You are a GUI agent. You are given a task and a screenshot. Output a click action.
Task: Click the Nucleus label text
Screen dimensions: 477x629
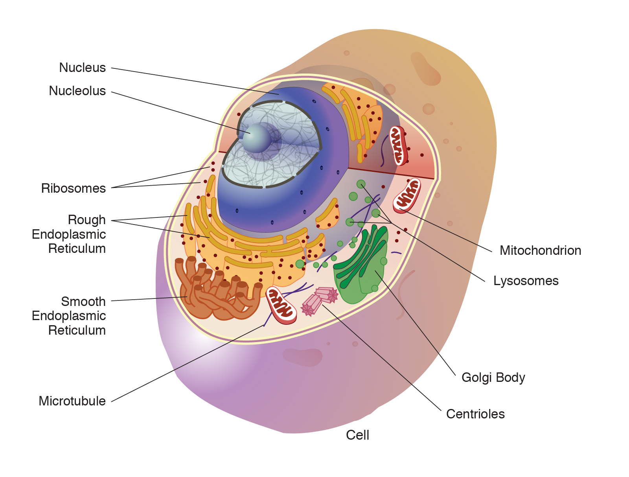[82, 68]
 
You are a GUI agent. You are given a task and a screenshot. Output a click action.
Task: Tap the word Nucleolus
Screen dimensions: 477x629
[77, 91]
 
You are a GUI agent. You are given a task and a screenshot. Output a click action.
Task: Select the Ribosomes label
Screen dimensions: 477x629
[73, 188]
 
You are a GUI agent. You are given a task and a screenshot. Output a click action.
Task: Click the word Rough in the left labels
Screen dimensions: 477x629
[86, 220]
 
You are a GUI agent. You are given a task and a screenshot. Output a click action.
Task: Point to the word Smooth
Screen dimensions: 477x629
[83, 302]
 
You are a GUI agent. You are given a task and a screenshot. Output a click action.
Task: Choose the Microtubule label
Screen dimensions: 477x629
[72, 401]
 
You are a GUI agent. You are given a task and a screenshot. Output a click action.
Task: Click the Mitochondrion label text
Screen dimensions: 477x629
[540, 250]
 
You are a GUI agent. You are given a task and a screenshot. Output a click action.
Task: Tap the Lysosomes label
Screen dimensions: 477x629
[526, 281]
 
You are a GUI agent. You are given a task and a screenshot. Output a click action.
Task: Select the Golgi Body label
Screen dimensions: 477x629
[493, 378]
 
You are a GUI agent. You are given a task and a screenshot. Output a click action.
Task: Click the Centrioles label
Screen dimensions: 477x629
[475, 414]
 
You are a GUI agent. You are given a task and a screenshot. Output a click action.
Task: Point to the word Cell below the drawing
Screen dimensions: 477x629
[357, 435]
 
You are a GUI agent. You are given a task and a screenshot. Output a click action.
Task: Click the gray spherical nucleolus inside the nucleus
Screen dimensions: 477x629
[256, 138]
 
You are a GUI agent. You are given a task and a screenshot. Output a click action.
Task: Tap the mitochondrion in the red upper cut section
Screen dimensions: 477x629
[398, 145]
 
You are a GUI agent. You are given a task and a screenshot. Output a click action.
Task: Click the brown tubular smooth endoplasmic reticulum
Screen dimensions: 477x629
[216, 291]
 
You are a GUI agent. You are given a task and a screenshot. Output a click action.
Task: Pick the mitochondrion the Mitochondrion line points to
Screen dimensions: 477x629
[407, 195]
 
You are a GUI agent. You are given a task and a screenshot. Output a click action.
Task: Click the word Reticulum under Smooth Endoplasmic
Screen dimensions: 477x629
[77, 330]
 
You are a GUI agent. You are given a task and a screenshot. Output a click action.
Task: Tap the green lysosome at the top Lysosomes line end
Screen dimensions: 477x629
[361, 184]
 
